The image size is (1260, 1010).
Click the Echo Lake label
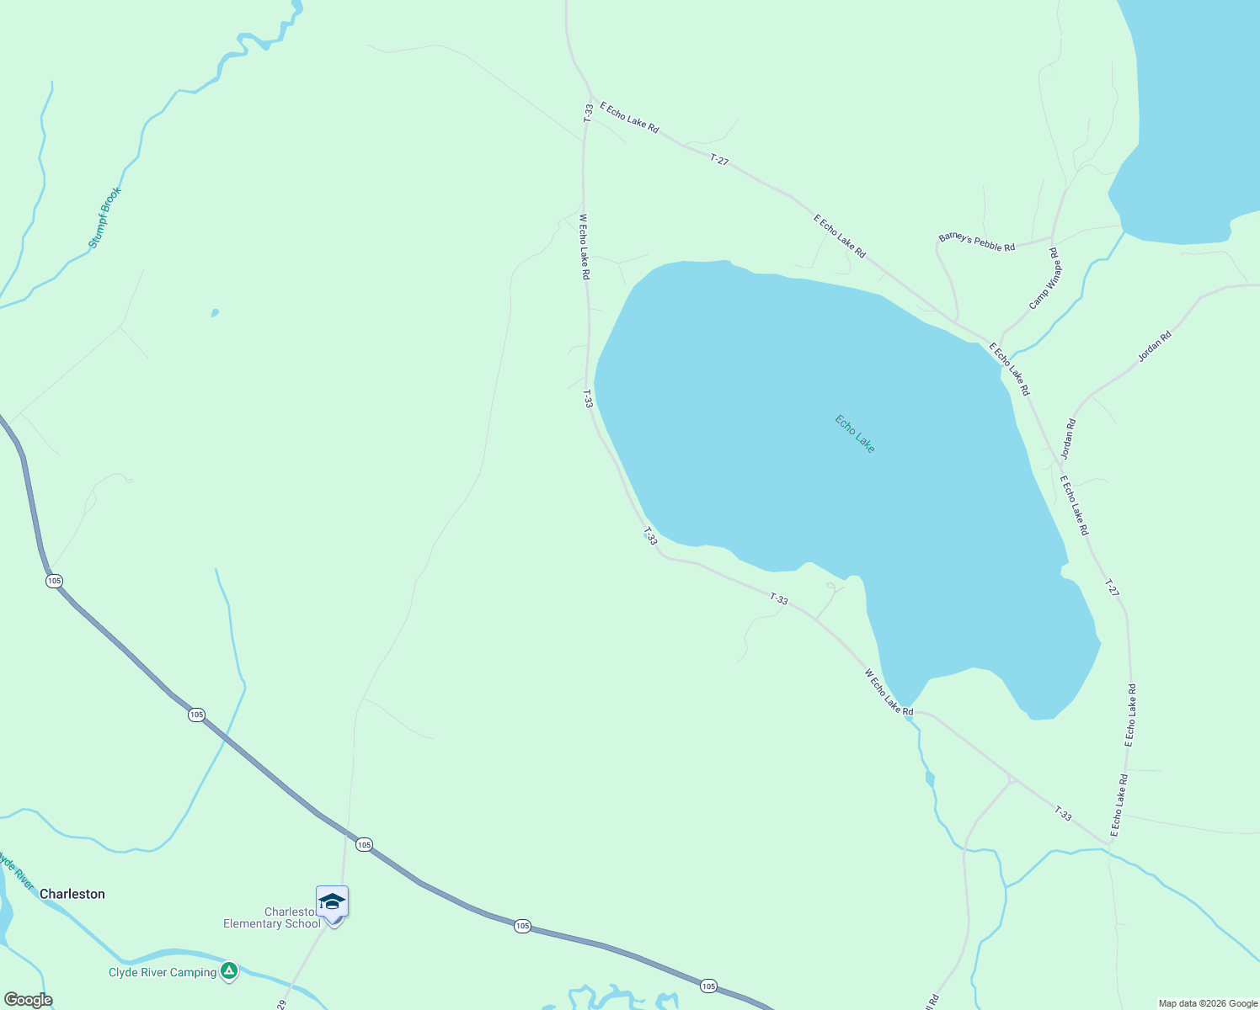click(855, 433)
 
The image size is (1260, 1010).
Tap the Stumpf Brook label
click(105, 217)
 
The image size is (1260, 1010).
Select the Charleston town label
click(72, 894)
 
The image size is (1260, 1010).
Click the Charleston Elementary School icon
click(332, 902)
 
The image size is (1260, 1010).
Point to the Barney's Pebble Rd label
click(977, 242)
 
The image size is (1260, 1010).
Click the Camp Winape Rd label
click(1045, 279)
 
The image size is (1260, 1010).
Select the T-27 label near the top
click(718, 159)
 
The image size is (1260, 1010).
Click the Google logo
click(28, 1000)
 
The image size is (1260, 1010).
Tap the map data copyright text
click(1207, 1003)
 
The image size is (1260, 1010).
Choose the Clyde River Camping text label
click(163, 973)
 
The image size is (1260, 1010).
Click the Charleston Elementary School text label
click(271, 918)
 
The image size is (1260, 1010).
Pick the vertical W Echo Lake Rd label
click(585, 247)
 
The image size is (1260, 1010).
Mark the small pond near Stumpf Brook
click(215, 313)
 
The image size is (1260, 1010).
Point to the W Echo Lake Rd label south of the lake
click(889, 692)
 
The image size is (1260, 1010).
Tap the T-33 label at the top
click(588, 113)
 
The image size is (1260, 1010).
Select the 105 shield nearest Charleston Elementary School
click(364, 844)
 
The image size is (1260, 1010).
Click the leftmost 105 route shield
click(55, 581)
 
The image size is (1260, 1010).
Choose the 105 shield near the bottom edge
click(708, 986)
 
